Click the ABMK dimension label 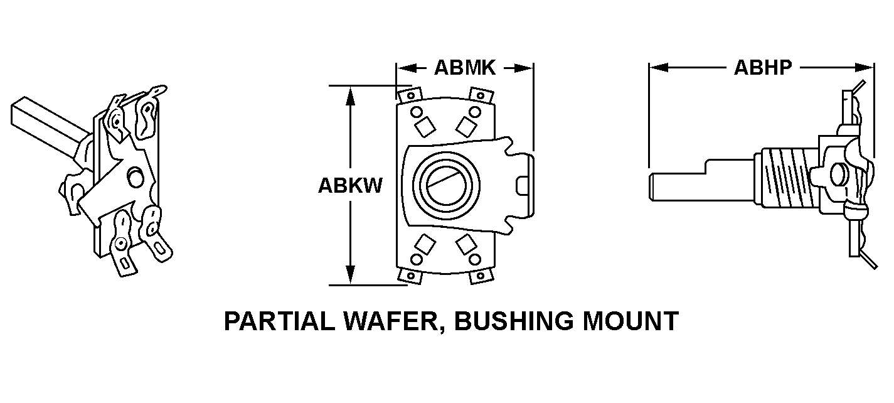(464, 68)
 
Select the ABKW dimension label (349, 186)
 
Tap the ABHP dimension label (762, 68)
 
